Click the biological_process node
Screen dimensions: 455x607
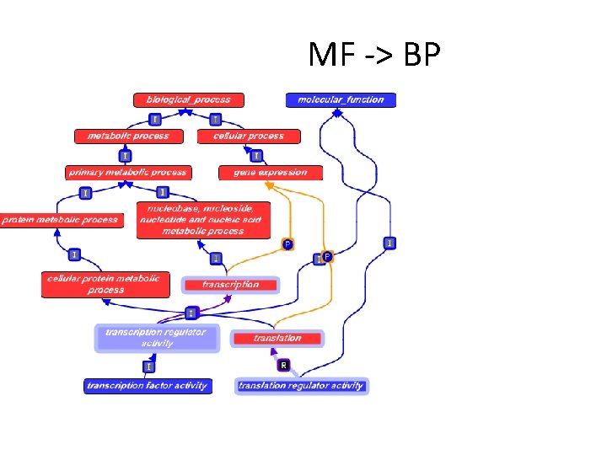tap(189, 99)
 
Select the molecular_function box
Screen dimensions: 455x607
tap(341, 99)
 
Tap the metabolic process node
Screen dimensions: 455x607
tap(127, 136)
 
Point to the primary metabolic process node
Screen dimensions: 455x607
tap(128, 173)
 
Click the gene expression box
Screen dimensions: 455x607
tap(271, 173)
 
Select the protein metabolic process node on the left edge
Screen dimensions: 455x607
tap(61, 220)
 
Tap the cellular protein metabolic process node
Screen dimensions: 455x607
tap(105, 285)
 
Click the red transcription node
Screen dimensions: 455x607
tap(230, 285)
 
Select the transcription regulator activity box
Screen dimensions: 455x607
tap(156, 338)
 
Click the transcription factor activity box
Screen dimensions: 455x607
tap(148, 386)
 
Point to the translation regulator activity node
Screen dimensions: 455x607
tap(301, 386)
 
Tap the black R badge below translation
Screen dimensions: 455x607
tap(284, 365)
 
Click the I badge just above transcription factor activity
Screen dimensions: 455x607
tap(148, 367)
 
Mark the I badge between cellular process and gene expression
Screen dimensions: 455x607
tap(256, 155)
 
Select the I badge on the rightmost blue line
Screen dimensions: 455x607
tap(389, 243)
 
